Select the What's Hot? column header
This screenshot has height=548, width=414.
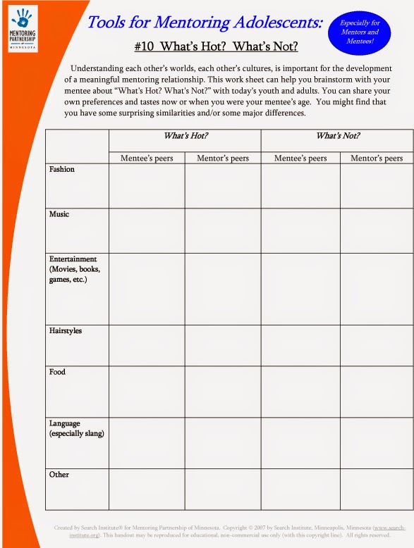[x=185, y=135]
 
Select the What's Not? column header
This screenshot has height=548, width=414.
[x=337, y=135]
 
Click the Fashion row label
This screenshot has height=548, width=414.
[x=62, y=170]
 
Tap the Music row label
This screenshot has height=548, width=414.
[x=59, y=214]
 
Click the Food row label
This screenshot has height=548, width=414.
[x=57, y=372]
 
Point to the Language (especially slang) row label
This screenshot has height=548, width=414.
[x=76, y=428]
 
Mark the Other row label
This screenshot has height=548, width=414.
[x=59, y=475]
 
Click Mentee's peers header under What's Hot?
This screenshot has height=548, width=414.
[x=147, y=158]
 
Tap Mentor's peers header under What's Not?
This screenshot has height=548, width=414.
[x=377, y=158]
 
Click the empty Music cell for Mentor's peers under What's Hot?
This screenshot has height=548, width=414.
[x=223, y=230]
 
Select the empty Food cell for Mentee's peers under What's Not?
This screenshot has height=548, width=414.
[x=300, y=392]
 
